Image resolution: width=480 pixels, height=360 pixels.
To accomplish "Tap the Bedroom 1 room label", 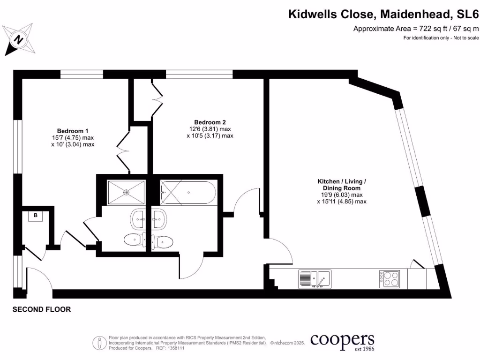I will [73, 131].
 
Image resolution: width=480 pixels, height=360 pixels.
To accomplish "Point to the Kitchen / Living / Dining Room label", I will [342, 184].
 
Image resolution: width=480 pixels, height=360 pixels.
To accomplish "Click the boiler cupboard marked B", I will [35, 216].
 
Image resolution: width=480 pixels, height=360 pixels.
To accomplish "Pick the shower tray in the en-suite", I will [126, 192].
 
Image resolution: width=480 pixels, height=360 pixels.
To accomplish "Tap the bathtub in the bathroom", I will [188, 192].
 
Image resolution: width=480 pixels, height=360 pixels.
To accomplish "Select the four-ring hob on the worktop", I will [389, 279].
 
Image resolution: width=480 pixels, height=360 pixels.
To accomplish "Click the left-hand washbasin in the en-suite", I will [138, 218].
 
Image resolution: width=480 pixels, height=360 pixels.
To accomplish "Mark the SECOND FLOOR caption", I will [42, 309].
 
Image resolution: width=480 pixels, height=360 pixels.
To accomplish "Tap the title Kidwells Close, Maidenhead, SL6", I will [383, 15].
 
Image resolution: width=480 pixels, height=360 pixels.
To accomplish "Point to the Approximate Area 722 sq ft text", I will [416, 29].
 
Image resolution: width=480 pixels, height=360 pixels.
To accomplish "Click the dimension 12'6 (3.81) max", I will [210, 129].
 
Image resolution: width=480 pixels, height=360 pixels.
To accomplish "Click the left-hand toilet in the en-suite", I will [134, 240].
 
